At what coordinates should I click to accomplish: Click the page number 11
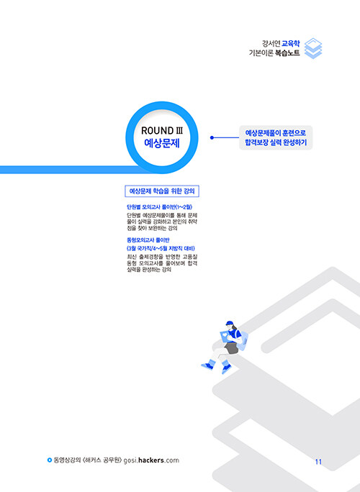(318, 462)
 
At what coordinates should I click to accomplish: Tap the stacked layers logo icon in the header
(313, 48)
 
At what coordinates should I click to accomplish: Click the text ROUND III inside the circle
(162, 130)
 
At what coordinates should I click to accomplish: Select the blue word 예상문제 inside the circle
(162, 143)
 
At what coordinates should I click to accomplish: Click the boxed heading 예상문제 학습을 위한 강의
(162, 191)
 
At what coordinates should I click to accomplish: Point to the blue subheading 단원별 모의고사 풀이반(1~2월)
(160, 207)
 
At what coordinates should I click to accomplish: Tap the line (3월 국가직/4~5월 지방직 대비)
(161, 248)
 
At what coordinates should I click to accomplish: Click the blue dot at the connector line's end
(212, 137)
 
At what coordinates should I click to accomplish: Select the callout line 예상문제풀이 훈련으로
(276, 133)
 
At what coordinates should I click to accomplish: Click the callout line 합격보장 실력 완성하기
(276, 142)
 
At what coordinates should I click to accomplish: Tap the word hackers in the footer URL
(151, 460)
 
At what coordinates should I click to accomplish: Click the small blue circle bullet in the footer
(49, 460)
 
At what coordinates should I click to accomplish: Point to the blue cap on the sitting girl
(230, 323)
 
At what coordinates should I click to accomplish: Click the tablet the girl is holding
(225, 337)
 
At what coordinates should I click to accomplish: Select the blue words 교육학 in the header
(291, 43)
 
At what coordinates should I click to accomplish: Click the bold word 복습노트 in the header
(287, 53)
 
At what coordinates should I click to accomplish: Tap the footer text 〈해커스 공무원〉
(102, 460)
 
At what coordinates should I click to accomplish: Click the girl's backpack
(243, 340)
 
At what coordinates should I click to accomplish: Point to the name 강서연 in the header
(271, 43)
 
